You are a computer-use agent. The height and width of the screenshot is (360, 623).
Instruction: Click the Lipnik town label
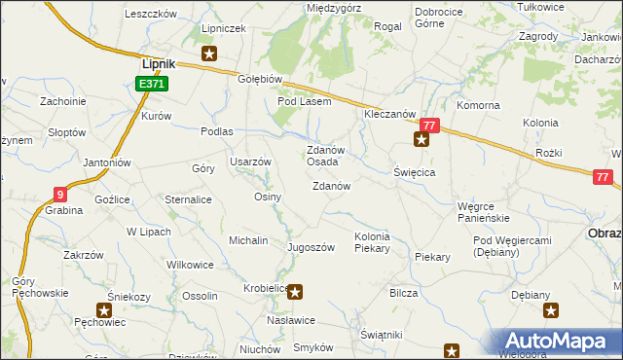click(158, 64)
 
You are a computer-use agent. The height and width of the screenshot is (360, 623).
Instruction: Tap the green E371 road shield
click(152, 85)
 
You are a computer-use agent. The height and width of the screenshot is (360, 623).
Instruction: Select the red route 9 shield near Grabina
click(60, 193)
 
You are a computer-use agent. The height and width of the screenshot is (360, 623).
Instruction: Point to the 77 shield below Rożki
click(604, 176)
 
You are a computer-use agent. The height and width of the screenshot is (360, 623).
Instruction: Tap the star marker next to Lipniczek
click(208, 54)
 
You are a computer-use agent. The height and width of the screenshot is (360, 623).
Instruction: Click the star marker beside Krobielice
click(297, 289)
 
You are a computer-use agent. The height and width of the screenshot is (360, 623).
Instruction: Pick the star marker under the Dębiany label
click(550, 311)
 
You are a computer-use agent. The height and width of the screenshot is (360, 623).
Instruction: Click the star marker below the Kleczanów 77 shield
click(421, 140)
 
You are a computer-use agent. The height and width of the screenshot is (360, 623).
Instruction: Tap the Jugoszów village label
click(311, 247)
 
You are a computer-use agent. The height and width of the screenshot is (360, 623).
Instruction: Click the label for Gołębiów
click(260, 80)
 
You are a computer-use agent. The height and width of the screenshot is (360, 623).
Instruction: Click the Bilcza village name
click(403, 293)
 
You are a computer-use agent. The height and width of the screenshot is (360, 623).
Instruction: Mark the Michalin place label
click(248, 239)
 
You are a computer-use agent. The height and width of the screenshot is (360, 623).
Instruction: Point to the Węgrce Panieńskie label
click(484, 212)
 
